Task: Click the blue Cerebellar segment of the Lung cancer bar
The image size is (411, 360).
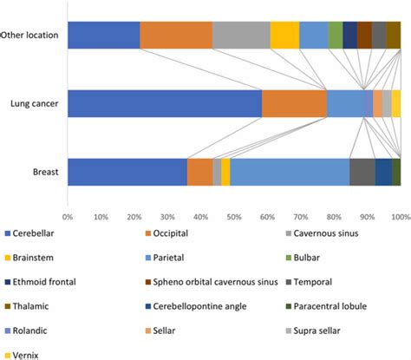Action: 164,103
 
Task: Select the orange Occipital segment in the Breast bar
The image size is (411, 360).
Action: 199,172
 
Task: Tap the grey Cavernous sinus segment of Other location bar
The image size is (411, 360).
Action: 240,35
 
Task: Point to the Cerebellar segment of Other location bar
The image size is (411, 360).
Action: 103,35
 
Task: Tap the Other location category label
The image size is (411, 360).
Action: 30,36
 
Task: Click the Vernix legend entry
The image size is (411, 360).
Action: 28,353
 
